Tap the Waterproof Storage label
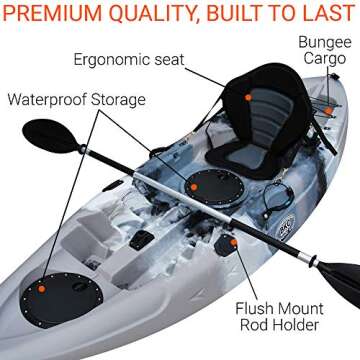coord(77,100)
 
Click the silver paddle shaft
coord(170,195)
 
